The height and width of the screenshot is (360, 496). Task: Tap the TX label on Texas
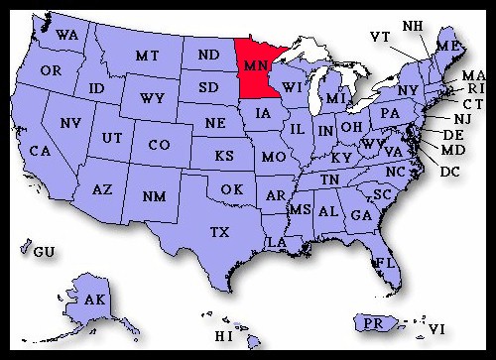[219, 231]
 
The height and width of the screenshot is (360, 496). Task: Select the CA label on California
[40, 151]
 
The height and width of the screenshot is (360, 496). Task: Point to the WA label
[67, 36]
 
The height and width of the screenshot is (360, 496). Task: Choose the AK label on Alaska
[95, 300]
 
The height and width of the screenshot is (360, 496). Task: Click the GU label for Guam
[44, 252]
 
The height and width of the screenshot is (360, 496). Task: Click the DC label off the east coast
[449, 172]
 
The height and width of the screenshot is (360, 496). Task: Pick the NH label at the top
[412, 24]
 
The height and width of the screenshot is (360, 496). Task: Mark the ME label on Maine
[448, 47]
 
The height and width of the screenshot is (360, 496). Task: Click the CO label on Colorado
[159, 145]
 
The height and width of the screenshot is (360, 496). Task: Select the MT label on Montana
[148, 56]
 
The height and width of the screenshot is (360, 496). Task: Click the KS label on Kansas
[225, 158]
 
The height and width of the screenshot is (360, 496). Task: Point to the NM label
[154, 196]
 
